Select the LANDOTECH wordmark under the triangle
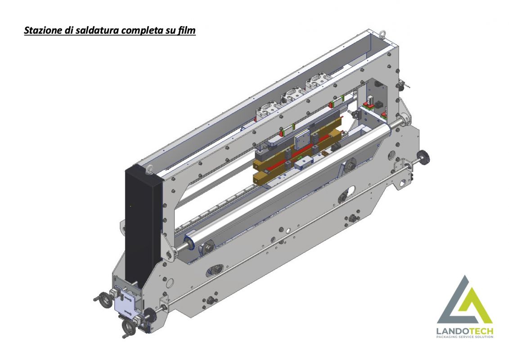(x=465, y=332)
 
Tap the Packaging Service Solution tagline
(x=465, y=337)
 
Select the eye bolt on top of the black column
(x=149, y=169)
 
